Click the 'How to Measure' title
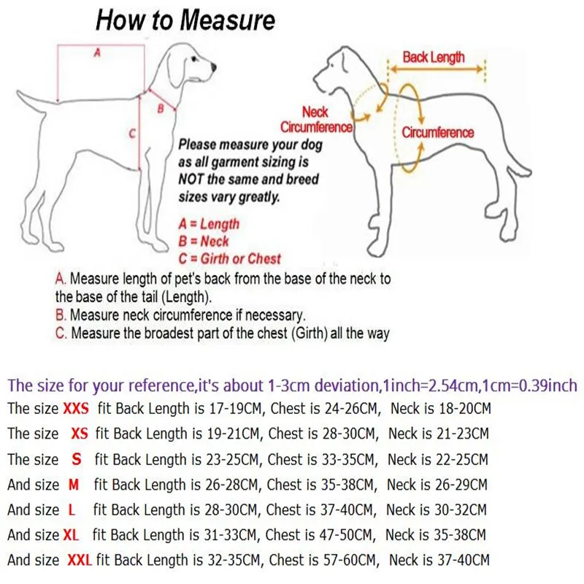185,20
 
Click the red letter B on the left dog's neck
161,108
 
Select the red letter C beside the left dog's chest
132,134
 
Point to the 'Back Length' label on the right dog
433,57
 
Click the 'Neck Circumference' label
316,119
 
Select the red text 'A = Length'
209,224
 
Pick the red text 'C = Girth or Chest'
229,258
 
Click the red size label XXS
78,407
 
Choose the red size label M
72,484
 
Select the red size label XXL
78,561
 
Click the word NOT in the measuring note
193,179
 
